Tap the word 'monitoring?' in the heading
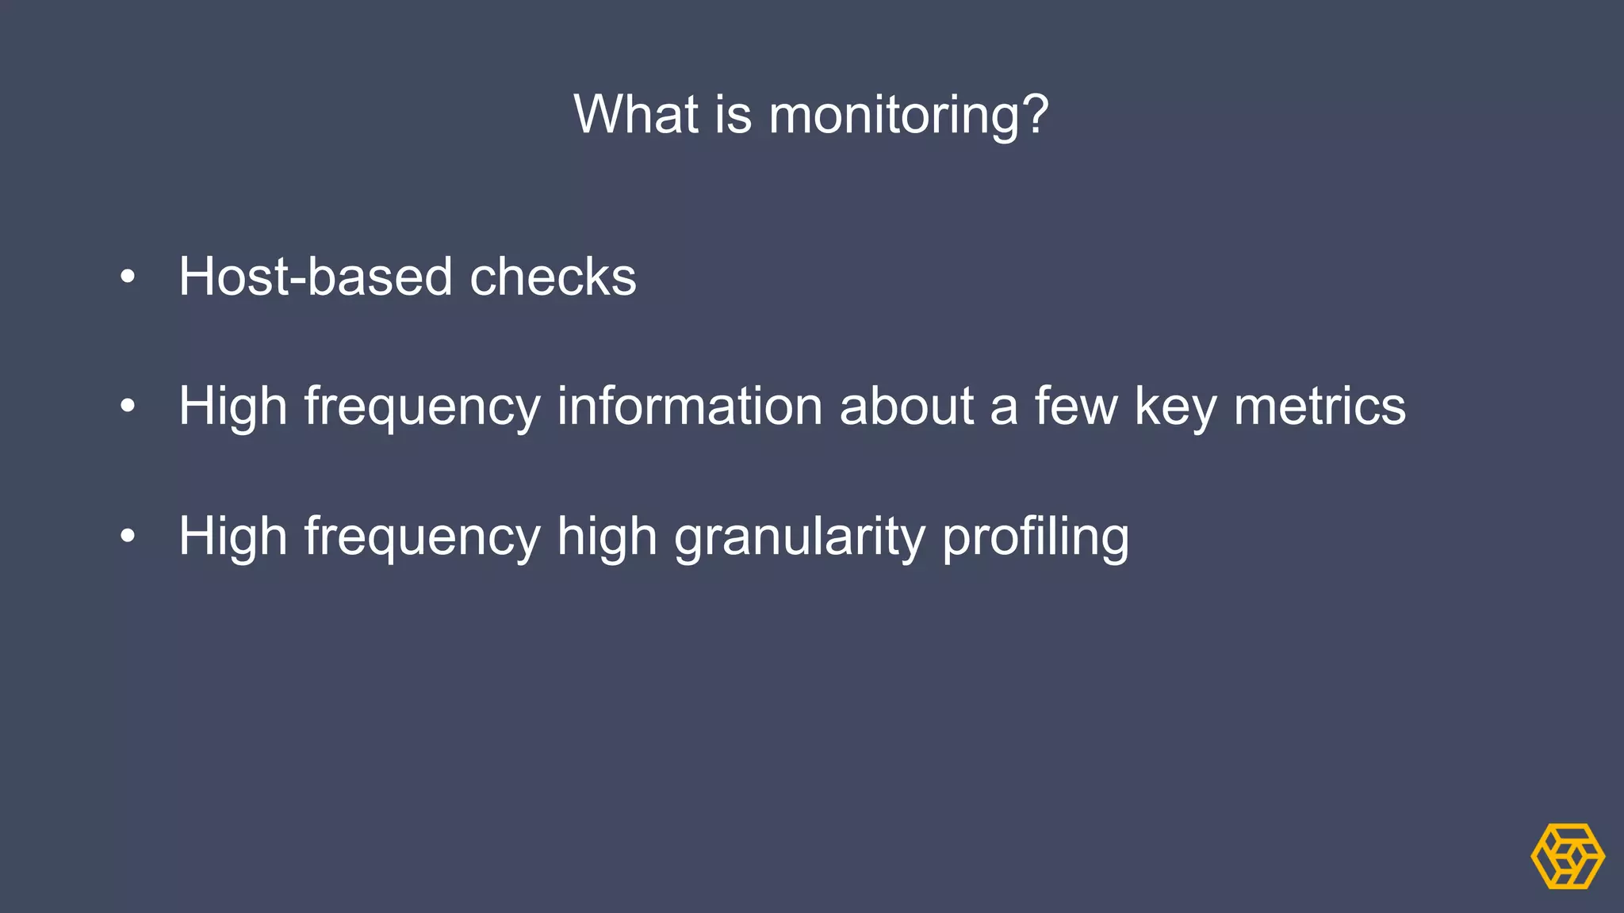(909, 116)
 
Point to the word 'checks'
(553, 277)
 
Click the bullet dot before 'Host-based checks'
(128, 277)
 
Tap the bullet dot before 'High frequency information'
(128, 407)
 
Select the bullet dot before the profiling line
(128, 537)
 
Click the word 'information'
(690, 406)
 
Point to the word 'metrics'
(1319, 406)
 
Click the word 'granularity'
(799, 537)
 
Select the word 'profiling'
(1036, 537)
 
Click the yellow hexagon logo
(1568, 856)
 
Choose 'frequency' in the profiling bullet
(422, 537)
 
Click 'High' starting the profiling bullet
(232, 537)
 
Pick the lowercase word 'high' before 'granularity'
(607, 537)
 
